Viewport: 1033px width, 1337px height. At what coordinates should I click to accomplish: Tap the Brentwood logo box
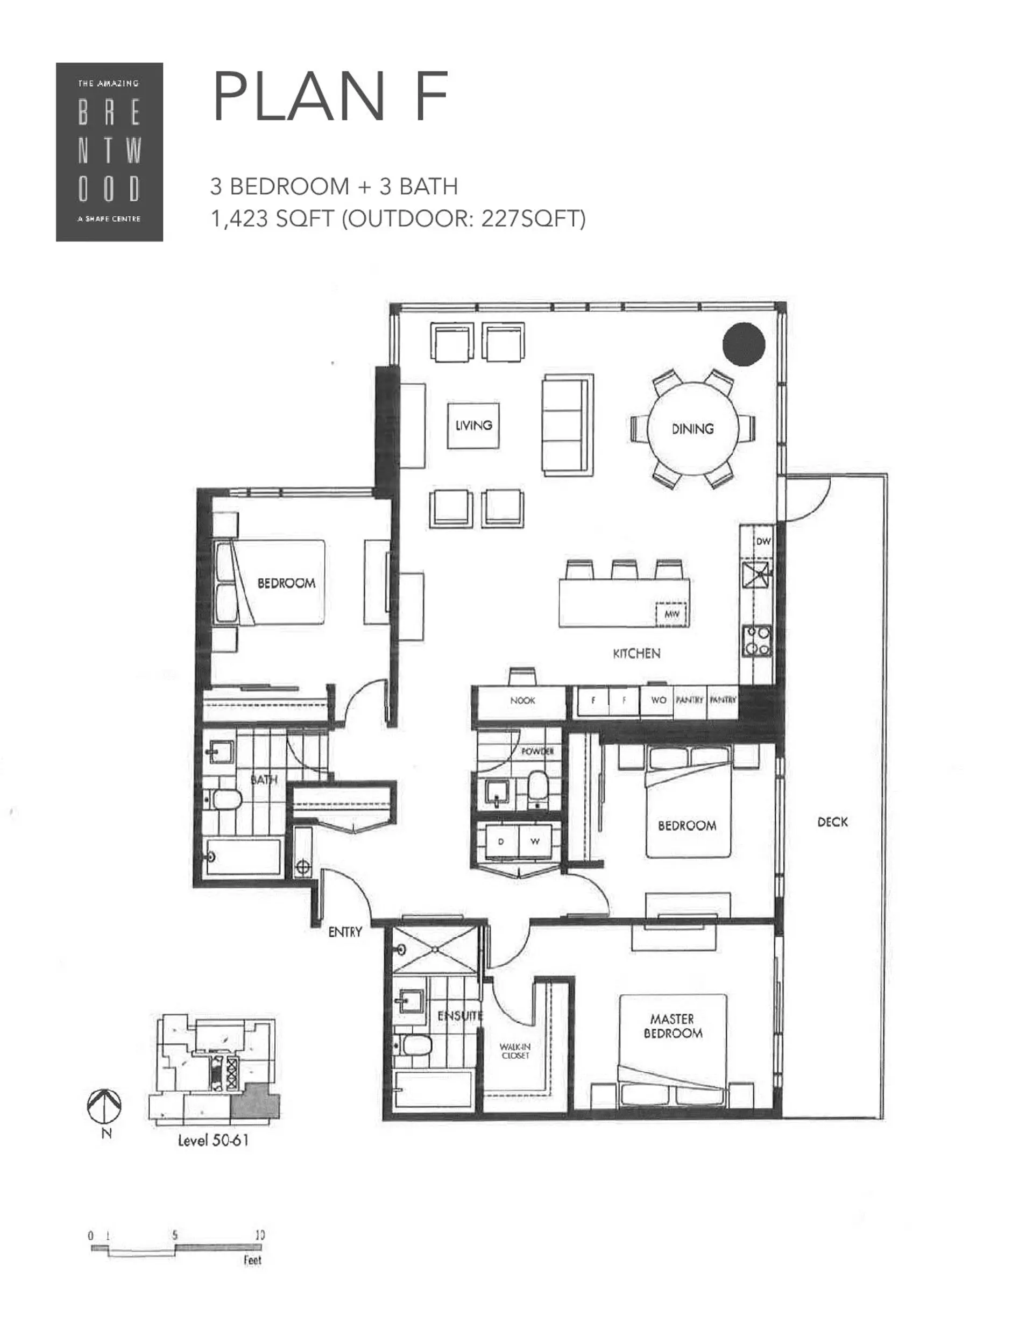coord(109,152)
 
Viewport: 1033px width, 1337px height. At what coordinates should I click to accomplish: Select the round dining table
coord(692,428)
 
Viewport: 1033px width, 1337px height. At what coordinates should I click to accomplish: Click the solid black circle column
coord(744,344)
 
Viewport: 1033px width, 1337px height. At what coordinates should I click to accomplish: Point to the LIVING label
coord(473,425)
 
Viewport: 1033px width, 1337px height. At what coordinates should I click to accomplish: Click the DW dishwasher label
coord(763,541)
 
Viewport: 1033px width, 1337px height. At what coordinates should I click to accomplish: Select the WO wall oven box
coord(657,700)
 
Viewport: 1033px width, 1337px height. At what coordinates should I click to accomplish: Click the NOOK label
coord(522,701)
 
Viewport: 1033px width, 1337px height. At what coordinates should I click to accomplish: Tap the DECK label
coord(832,822)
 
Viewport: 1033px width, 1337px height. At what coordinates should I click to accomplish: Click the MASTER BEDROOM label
coord(673,1026)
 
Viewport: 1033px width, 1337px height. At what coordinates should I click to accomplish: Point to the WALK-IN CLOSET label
coord(515,1051)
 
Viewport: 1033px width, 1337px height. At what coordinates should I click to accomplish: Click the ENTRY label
coord(345,932)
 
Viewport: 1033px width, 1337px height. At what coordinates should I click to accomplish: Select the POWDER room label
coord(537,751)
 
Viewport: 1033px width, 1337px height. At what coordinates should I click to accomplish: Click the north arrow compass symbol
coord(104,1106)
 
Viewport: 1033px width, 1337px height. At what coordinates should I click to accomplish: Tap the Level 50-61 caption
coord(213,1141)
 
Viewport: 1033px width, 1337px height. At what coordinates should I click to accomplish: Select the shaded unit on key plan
coord(257,1100)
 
